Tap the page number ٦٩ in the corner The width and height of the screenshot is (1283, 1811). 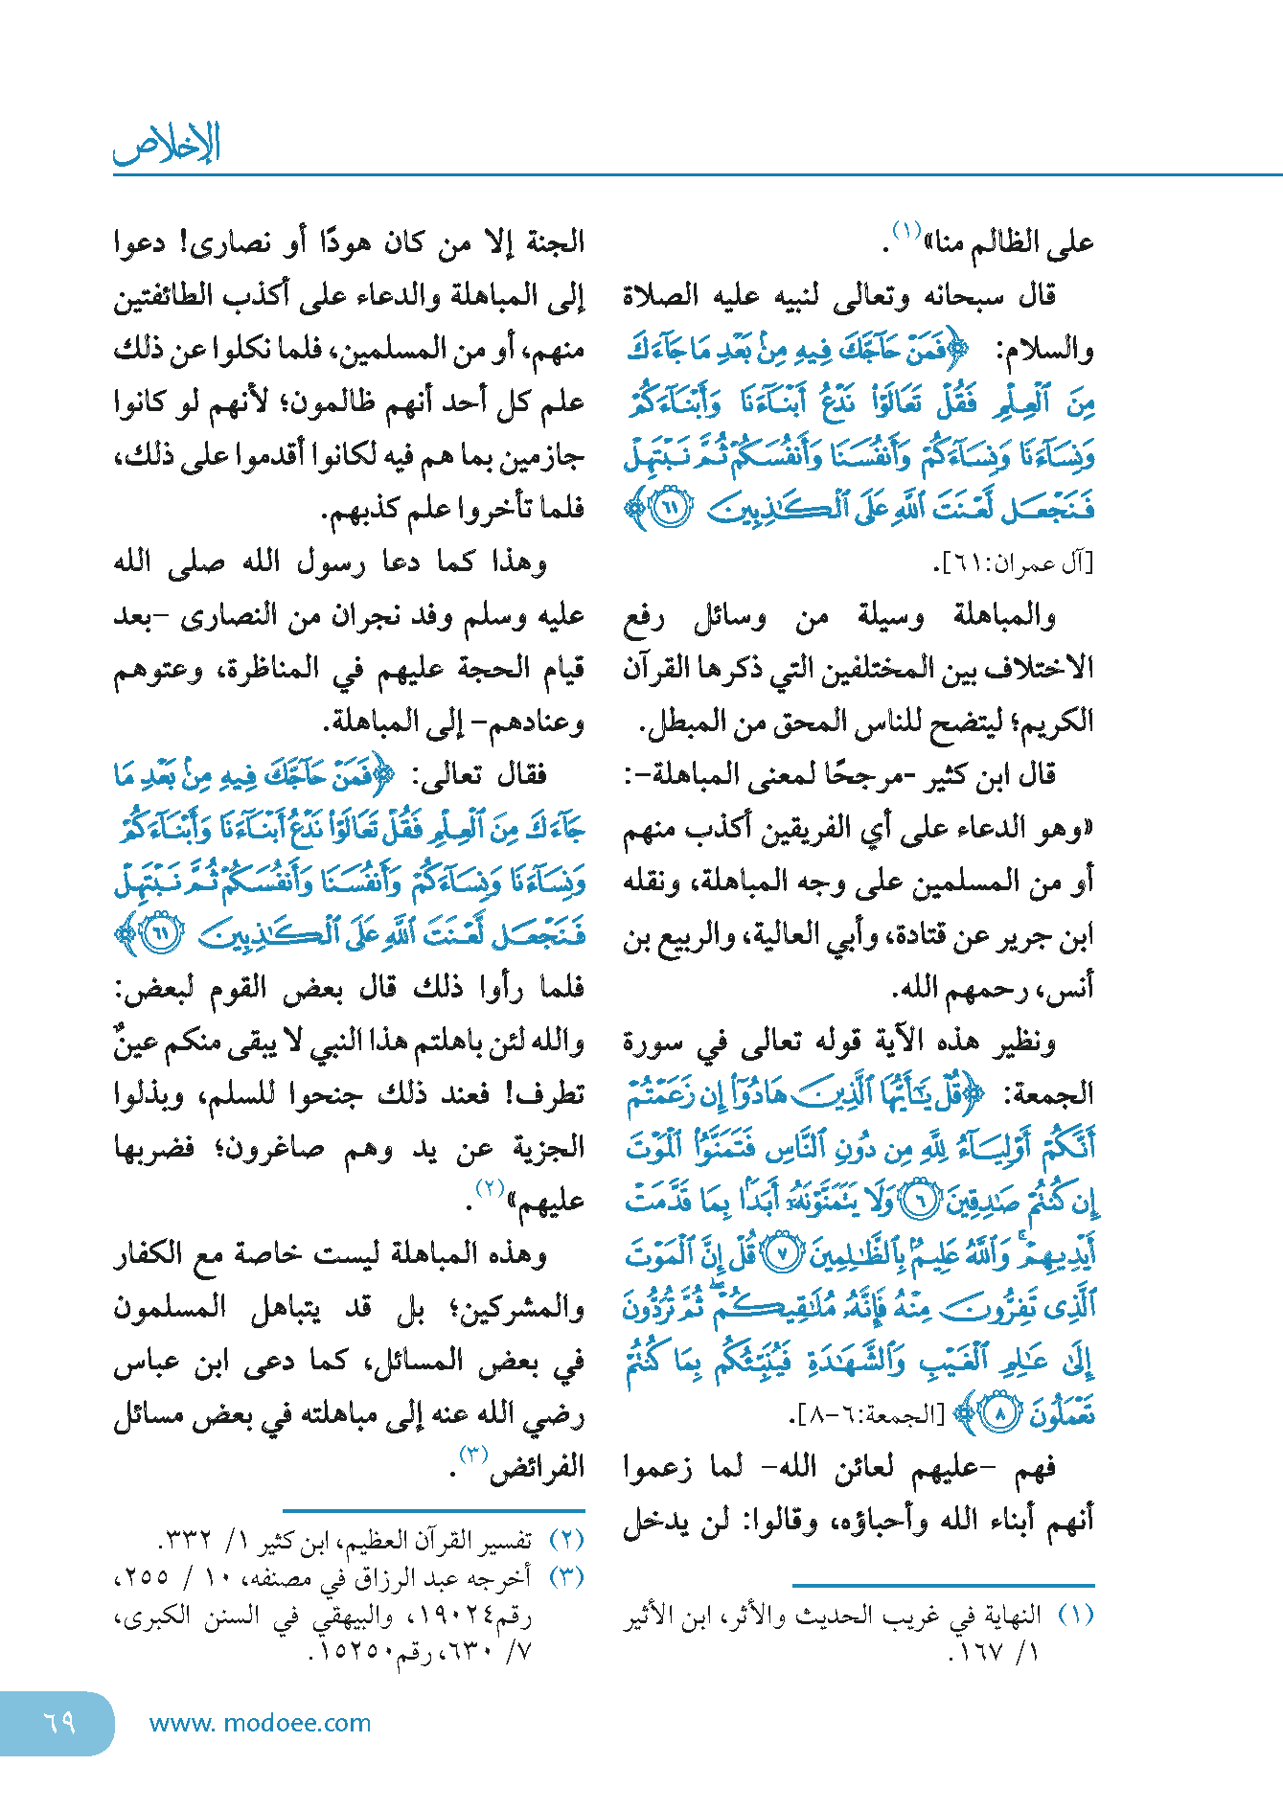pyautogui.click(x=58, y=1722)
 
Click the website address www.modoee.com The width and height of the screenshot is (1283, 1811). pyautogui.click(x=260, y=1723)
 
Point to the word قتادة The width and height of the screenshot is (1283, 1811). pyautogui.click(x=868, y=935)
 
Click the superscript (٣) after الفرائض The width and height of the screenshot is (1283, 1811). pyautogui.click(x=473, y=1454)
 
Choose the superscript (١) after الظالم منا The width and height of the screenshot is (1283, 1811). pyautogui.click(x=905, y=230)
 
